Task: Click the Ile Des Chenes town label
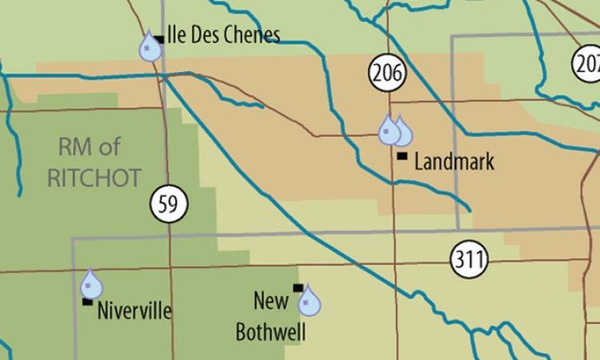(x=223, y=35)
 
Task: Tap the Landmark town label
(x=454, y=162)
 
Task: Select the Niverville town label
(x=134, y=310)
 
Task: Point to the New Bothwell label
(x=270, y=316)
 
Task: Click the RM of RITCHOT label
(x=94, y=162)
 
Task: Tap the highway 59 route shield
(x=167, y=205)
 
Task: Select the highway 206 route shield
(x=387, y=74)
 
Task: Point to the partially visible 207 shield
(x=587, y=62)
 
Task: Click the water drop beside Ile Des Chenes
(x=149, y=47)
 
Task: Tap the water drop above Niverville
(x=91, y=285)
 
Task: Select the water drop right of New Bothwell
(x=309, y=302)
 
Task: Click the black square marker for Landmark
(x=402, y=155)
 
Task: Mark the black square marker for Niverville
(x=86, y=302)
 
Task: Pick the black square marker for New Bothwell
(x=298, y=288)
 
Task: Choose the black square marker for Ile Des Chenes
(x=160, y=38)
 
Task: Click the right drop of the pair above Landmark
(x=402, y=132)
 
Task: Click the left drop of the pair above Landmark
(x=389, y=130)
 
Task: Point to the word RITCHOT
(x=94, y=177)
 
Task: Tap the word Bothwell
(x=270, y=331)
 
